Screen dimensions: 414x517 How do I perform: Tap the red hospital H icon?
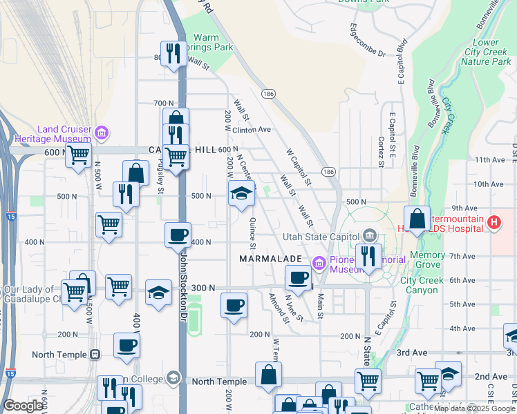tap(493, 223)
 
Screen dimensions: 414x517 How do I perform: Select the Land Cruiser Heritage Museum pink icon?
tap(102, 131)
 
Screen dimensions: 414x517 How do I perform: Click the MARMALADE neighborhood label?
tap(270, 259)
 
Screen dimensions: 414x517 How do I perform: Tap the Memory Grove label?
tap(427, 260)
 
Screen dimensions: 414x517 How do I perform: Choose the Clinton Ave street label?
tap(253, 129)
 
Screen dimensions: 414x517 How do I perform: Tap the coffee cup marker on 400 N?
tap(178, 235)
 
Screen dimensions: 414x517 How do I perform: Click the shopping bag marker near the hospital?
tap(417, 219)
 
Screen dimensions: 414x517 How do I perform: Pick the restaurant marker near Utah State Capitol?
tap(368, 257)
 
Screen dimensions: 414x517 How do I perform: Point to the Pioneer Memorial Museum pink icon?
tap(319, 263)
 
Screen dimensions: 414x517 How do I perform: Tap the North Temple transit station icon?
tap(95, 355)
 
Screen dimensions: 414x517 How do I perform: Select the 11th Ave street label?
tap(489, 159)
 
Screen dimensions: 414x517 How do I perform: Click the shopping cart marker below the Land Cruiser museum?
tap(79, 155)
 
